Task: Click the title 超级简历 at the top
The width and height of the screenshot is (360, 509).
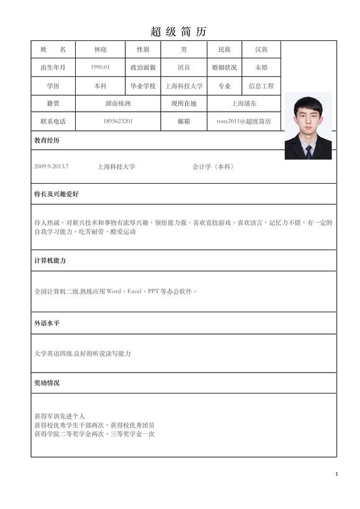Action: pyautogui.click(x=179, y=32)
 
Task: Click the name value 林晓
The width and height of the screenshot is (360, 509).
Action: pyautogui.click(x=100, y=50)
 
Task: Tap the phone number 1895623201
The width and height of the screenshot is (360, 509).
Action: pyautogui.click(x=118, y=121)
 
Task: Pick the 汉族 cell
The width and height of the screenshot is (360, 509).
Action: pyautogui.click(x=261, y=50)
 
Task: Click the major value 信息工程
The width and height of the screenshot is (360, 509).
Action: pyautogui.click(x=261, y=86)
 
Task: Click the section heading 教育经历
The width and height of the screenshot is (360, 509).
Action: pyautogui.click(x=47, y=141)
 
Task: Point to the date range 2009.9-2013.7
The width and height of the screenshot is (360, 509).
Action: pyautogui.click(x=52, y=167)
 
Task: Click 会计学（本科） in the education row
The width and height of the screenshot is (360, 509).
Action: pyautogui.click(x=214, y=167)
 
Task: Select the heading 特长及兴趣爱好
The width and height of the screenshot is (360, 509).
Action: pyautogui.click(x=56, y=194)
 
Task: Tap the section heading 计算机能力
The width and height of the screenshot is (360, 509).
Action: pyautogui.click(x=50, y=261)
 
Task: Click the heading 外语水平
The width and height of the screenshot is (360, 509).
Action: pyautogui.click(x=47, y=323)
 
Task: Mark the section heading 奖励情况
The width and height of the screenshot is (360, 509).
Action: pyautogui.click(x=47, y=383)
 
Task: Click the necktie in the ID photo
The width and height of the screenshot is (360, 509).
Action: pyautogui.click(x=308, y=151)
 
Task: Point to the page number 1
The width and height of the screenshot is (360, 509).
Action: pyautogui.click(x=336, y=474)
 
